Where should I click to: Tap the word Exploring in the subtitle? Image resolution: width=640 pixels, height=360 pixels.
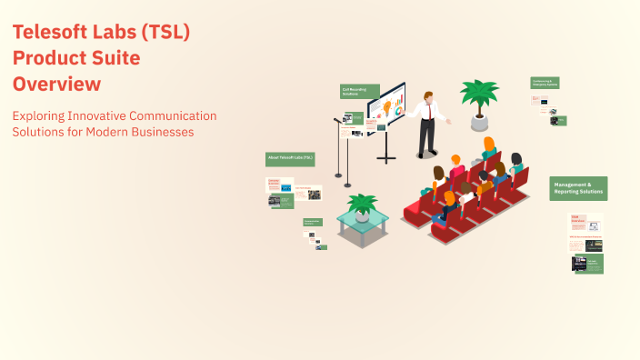click(41, 115)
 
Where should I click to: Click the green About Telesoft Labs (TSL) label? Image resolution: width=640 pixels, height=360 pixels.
click(290, 158)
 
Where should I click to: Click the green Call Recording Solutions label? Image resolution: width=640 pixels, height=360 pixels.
click(355, 92)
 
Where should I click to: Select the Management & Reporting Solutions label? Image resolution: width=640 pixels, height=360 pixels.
click(577, 188)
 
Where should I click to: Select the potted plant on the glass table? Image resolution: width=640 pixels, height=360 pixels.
click(363, 206)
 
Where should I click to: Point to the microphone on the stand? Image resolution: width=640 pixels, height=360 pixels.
click(336, 120)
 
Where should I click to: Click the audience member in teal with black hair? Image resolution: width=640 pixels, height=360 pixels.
click(515, 165)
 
